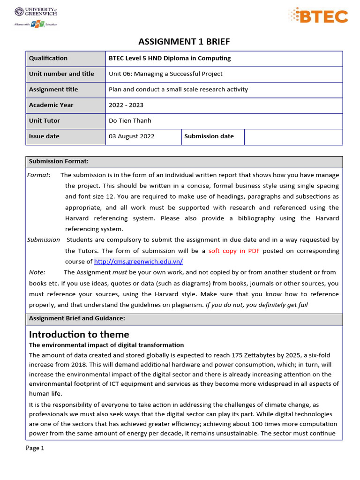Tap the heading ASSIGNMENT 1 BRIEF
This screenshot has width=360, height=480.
pos(184,42)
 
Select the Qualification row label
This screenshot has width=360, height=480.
pos(48,58)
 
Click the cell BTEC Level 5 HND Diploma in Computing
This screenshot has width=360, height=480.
pos(170,58)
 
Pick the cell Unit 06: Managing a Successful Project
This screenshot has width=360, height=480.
pos(165,74)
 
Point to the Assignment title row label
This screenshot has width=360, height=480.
pos(53,90)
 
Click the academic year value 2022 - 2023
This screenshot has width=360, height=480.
pos(126,105)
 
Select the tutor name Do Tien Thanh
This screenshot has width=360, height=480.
pos(130,120)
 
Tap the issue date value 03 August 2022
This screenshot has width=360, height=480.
pos(131,136)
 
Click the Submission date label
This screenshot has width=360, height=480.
pos(209,136)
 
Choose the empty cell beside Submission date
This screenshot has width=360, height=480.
pos(293,136)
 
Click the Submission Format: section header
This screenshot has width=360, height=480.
pos(59,161)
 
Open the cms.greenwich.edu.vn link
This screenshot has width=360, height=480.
pos(138,262)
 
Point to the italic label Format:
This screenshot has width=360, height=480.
pos(39,175)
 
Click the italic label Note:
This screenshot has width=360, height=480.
pos(37,272)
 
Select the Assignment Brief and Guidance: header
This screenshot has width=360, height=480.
pos(77,318)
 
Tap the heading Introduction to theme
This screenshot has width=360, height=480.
pos(79,334)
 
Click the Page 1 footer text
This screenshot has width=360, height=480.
pos(35,448)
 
